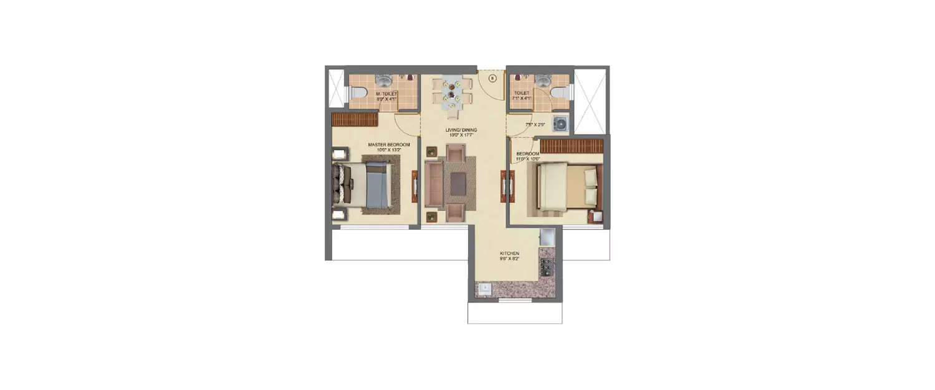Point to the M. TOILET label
coord(386,94)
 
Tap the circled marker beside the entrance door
coord(492,79)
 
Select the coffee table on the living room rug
coord(457,183)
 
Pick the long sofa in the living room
coord(433,184)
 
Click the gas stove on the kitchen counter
coord(547,266)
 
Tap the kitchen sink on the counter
coord(484,288)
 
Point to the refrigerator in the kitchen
coord(547,237)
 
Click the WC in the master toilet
coord(356,94)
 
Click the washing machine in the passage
coord(560,123)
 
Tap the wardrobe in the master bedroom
coord(355,119)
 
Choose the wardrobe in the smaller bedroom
coord(572,146)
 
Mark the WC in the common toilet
coord(562,93)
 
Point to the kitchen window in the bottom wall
coord(515,301)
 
